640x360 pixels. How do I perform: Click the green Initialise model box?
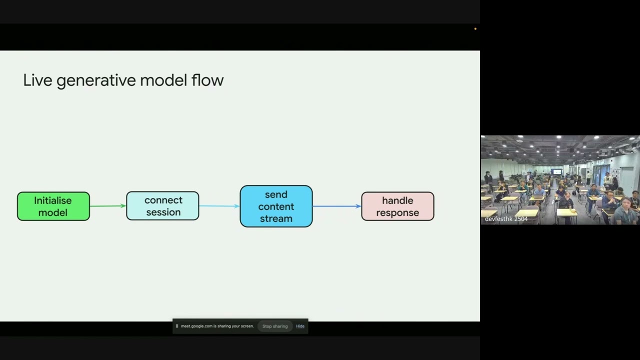tap(53, 206)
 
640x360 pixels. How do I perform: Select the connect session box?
tap(162, 205)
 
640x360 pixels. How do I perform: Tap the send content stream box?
tap(276, 206)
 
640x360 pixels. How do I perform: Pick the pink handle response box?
tap(397, 206)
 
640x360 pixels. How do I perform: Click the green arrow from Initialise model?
tap(108, 205)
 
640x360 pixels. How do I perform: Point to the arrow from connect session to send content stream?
tap(219, 206)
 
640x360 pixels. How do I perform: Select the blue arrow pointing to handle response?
tap(337, 206)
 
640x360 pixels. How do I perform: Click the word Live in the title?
tap(37, 80)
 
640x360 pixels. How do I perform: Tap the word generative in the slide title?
tap(96, 81)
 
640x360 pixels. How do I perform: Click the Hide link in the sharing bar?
tap(300, 326)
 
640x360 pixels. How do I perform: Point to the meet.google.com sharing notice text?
tap(217, 326)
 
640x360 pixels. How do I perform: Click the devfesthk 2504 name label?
tap(506, 219)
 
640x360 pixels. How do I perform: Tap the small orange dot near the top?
tap(475, 29)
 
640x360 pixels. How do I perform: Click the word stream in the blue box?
tap(276, 219)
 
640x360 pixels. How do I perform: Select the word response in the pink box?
tap(397, 213)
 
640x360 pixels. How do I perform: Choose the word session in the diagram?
tap(163, 212)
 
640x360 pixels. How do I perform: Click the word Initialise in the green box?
tap(53, 200)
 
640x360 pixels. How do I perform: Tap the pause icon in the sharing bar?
tap(177, 326)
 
